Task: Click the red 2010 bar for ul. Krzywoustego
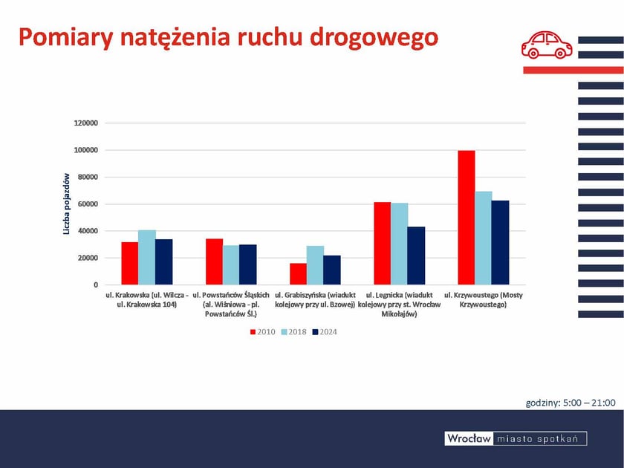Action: coord(466,218)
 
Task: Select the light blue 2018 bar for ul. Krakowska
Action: coord(147,258)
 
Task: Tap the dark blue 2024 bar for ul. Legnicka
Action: coord(416,256)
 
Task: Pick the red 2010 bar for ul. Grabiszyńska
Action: coord(298,274)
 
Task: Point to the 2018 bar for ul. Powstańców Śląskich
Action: coord(231,265)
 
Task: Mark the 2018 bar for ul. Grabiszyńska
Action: coord(315,265)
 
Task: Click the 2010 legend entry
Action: coord(262,332)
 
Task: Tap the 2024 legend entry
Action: coord(325,332)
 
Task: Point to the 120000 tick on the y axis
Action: coord(85,123)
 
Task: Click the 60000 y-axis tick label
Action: coord(88,204)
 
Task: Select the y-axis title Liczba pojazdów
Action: coord(66,204)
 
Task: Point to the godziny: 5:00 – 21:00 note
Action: coord(571,403)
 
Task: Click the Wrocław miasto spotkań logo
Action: coord(516,438)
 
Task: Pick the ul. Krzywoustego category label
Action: coord(483,300)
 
